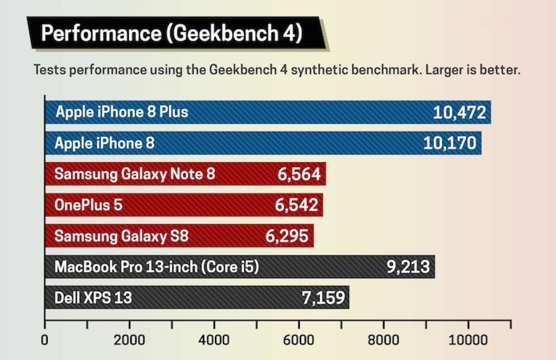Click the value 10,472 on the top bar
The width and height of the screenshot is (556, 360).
[x=460, y=113]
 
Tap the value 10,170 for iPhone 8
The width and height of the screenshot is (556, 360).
[x=449, y=143]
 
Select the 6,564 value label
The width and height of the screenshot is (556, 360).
[x=299, y=174]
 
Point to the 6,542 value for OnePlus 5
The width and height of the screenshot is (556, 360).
[x=297, y=205]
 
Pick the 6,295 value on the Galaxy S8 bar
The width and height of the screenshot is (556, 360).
[x=287, y=236]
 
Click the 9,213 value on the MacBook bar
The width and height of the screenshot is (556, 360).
[x=408, y=266]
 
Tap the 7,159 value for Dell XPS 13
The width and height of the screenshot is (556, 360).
[x=323, y=297]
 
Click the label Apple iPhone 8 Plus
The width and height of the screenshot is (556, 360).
[x=122, y=112]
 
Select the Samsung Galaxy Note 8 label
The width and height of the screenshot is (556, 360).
[x=135, y=174]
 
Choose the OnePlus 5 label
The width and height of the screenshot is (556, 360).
[x=88, y=205]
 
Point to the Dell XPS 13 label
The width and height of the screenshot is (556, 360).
[x=93, y=297]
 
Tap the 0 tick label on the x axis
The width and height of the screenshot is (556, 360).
[x=45, y=340]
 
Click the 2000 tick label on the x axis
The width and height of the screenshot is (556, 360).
[x=130, y=340]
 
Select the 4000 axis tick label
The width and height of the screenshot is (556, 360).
[x=215, y=340]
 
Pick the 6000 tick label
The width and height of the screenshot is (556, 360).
[x=299, y=340]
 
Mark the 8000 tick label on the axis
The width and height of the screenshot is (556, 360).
[x=384, y=340]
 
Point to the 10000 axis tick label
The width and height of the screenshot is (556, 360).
[x=468, y=340]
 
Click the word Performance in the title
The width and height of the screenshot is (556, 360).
[x=100, y=34]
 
